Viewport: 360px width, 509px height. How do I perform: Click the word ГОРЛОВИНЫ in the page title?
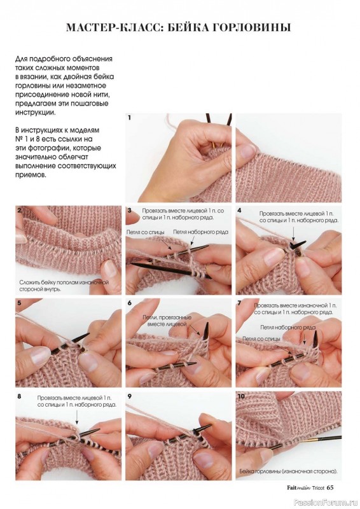(x=252, y=27)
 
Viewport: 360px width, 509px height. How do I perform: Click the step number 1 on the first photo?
(x=130, y=118)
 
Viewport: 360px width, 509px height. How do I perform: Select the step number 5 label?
(x=20, y=303)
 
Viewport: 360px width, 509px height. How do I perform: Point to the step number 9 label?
(x=130, y=396)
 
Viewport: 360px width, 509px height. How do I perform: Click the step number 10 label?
(x=241, y=396)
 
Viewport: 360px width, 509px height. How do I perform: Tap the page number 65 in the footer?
(x=330, y=487)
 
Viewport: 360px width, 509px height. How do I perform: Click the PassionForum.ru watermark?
(x=326, y=503)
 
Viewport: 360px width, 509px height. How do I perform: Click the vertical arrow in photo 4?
(x=293, y=232)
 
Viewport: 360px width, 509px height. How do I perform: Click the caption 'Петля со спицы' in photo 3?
(x=146, y=232)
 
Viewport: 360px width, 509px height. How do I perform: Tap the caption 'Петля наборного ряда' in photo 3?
(x=200, y=232)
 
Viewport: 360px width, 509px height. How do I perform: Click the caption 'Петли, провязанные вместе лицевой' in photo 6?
(x=167, y=321)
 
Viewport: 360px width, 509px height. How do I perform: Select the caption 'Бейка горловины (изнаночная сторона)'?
(x=289, y=471)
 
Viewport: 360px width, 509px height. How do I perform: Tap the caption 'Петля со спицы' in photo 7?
(x=261, y=338)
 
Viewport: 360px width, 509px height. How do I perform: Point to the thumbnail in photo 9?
(x=155, y=450)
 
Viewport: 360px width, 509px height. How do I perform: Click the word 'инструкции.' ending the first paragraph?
(x=36, y=113)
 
